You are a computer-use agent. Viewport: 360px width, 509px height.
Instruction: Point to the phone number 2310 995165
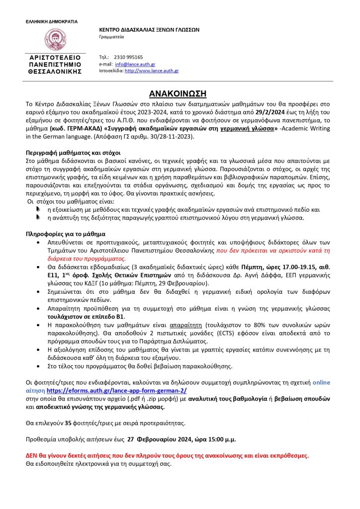(128, 57)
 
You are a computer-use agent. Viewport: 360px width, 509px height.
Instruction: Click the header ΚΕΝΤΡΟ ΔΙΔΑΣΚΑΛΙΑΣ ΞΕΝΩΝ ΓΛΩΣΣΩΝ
(149, 29)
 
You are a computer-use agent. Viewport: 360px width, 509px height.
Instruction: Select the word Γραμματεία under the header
(112, 37)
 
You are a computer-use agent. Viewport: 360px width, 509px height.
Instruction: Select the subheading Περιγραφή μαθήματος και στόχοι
(74, 153)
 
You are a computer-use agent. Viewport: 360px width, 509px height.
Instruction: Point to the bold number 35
(69, 424)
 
